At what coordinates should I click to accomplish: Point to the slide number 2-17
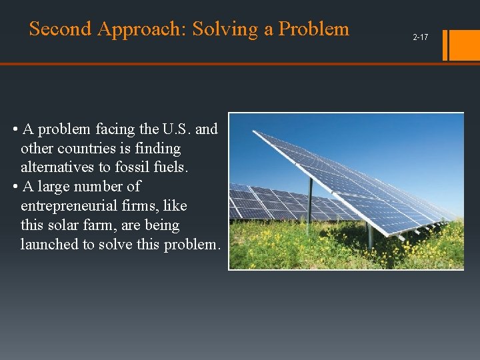(420, 37)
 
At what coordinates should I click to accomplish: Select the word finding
(157, 148)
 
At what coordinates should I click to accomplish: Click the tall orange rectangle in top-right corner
(465, 45)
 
